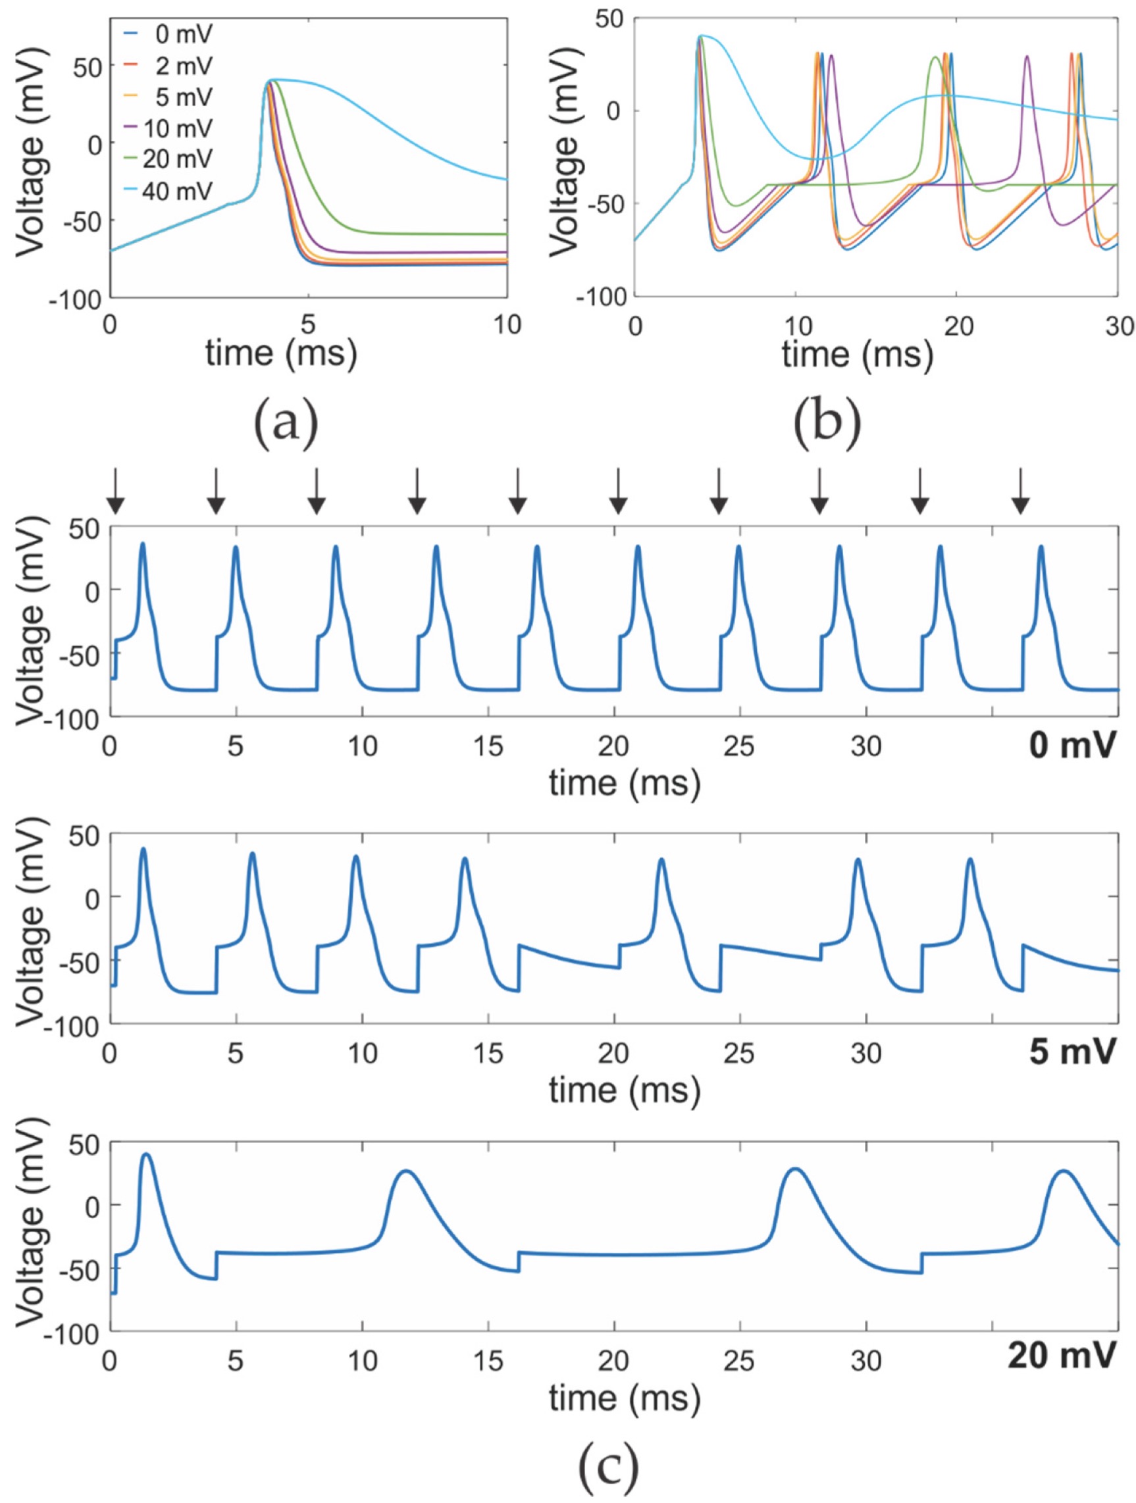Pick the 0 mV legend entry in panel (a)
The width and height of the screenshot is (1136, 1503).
178,34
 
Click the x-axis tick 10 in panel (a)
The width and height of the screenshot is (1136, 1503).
506,324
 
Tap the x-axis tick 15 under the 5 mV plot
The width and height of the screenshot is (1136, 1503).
488,1054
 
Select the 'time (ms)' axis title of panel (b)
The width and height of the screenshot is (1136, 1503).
858,355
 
